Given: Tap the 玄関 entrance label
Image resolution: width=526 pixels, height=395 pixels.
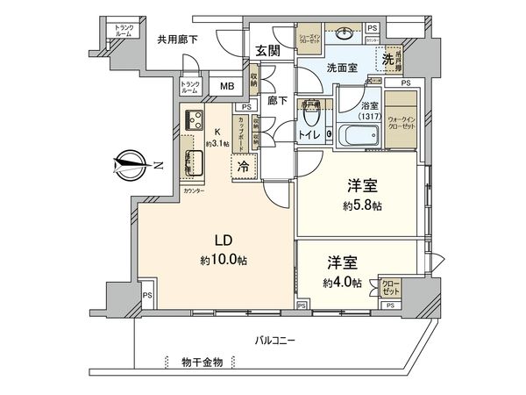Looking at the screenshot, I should [x=267, y=51].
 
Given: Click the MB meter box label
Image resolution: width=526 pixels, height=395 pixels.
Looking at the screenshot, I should [x=227, y=86].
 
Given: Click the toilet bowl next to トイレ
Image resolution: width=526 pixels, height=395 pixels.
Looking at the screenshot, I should [x=328, y=135].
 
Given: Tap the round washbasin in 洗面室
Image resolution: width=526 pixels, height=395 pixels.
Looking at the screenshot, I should [x=344, y=39].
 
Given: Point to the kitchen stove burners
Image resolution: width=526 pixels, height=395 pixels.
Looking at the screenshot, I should [x=194, y=121].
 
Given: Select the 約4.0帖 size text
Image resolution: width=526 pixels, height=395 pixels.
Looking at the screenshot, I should [x=341, y=282].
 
